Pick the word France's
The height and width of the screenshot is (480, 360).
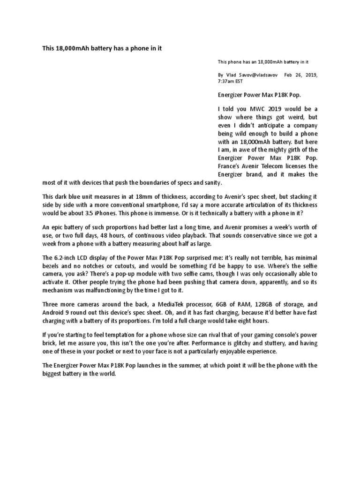point(231,166)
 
